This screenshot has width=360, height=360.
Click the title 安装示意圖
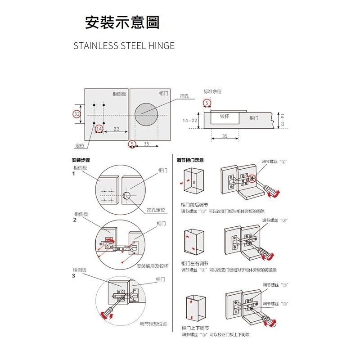pos(122,22)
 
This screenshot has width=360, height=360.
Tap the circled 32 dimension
pos(77,114)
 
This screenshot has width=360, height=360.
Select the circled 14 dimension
pos(99,129)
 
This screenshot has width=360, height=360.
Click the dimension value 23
pos(116,129)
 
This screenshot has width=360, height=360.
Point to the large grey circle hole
pos(149,113)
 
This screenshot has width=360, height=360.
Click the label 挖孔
pos(184,96)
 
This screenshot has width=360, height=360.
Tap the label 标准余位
pos(212,91)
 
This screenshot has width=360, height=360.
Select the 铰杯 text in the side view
pos(225,116)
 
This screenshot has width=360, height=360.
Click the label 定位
pos(80,145)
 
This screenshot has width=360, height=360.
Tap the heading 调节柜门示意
pos(190,160)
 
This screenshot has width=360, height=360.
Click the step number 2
pos(74,220)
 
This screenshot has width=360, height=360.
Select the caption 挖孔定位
pos(156,210)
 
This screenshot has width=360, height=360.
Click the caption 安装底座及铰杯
pos(152,266)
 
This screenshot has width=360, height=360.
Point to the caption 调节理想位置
pos(153,324)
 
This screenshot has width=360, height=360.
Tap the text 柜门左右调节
pos(194,263)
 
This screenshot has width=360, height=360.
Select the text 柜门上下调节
pos(194,328)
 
